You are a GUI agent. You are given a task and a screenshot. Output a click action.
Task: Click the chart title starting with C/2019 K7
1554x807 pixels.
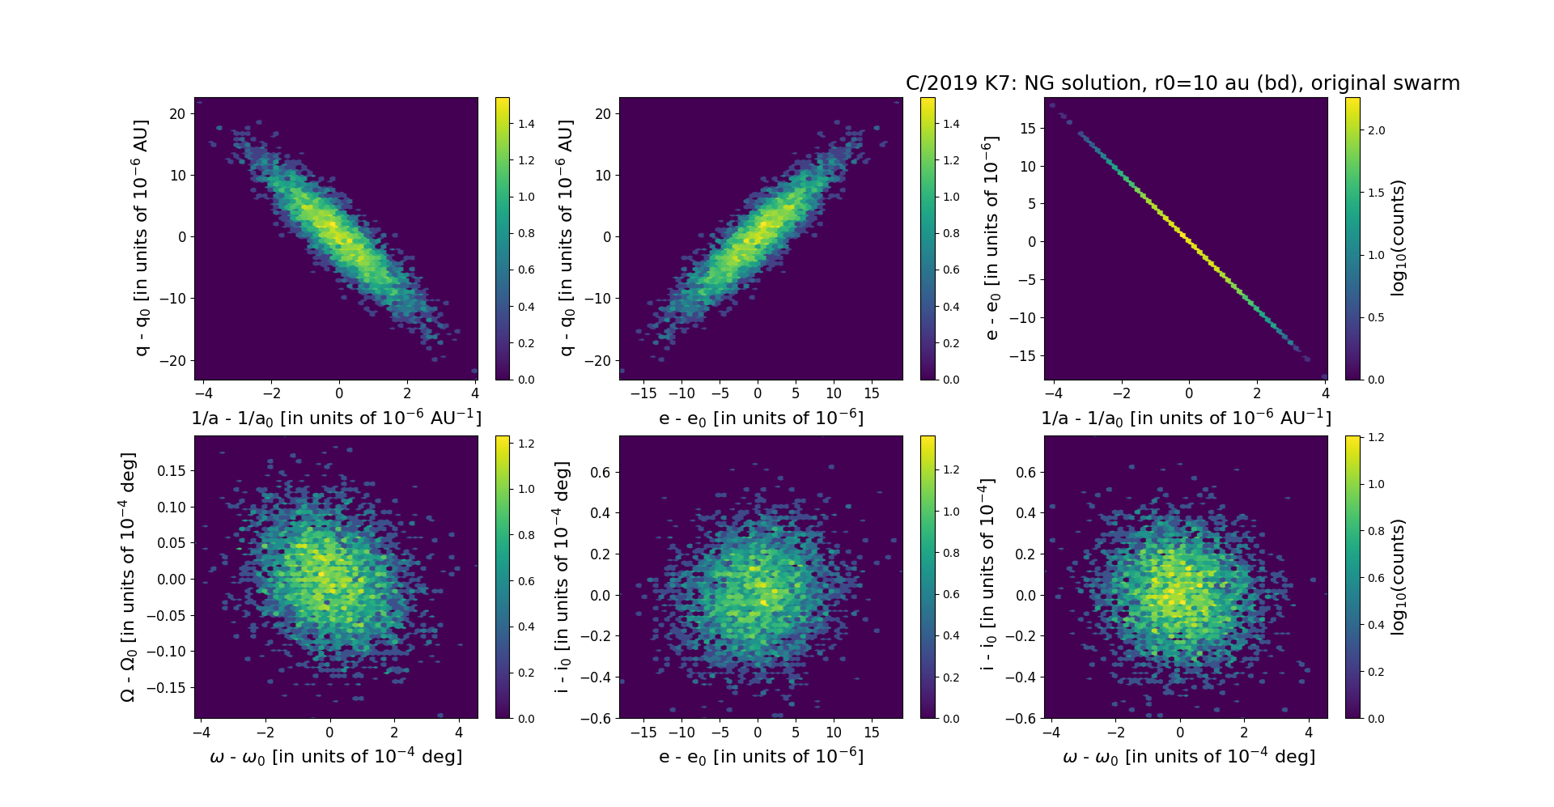[1182, 83]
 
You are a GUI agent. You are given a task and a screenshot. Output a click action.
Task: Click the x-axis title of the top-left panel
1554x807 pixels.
[336, 418]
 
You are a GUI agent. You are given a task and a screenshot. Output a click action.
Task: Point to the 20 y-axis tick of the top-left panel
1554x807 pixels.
[177, 114]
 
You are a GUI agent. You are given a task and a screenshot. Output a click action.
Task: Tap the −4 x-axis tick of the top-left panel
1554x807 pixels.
[203, 394]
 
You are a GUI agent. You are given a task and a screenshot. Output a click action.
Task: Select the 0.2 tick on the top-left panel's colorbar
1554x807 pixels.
[526, 343]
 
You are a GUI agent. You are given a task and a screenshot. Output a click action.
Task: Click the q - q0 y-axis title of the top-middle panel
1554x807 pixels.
[567, 238]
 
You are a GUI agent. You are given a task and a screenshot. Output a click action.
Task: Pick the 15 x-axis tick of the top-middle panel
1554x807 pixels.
[872, 394]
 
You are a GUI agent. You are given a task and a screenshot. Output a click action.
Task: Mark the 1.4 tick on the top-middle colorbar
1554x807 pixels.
[951, 124]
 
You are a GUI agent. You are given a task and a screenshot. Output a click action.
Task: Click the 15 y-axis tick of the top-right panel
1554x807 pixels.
[1027, 129]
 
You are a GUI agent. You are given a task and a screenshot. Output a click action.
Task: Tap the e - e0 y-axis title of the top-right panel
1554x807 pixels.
[991, 238]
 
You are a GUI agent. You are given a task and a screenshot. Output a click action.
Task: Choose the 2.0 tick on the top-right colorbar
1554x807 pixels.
[1376, 130]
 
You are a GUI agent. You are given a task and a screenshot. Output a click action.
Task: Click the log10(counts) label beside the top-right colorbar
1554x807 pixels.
[1398, 238]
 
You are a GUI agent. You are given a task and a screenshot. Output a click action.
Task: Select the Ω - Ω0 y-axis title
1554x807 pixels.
[128, 577]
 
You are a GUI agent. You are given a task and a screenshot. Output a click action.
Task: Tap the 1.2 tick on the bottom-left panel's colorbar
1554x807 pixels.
[526, 444]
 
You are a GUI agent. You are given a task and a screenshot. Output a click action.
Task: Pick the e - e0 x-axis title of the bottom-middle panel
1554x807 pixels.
[761, 756]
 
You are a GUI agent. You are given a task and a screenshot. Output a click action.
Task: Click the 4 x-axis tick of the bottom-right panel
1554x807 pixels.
[1309, 733]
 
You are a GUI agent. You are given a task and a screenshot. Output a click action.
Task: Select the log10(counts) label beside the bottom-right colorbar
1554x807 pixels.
[1398, 577]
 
